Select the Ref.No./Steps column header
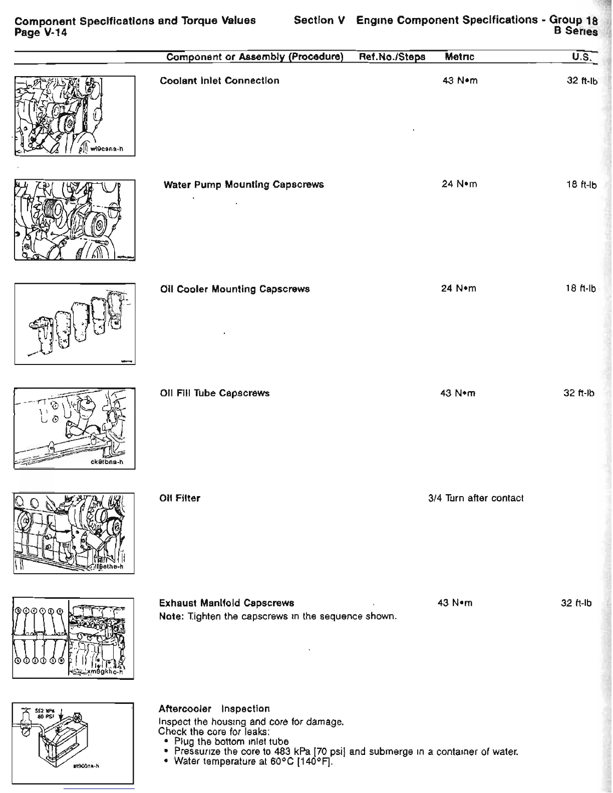tap(392, 57)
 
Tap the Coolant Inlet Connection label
tap(219, 81)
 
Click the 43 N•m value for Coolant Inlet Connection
tap(460, 81)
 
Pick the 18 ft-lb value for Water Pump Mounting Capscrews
tap(581, 185)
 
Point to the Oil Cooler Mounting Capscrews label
tap(234, 289)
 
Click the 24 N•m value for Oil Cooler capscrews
tap(458, 289)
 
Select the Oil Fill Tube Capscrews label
tap(214, 393)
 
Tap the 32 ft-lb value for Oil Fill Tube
tap(578, 393)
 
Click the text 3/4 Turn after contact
tap(476, 498)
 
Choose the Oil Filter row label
tap(179, 498)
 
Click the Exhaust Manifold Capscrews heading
tap(226, 603)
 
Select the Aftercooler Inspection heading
tap(214, 708)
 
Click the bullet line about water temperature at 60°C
tap(253, 761)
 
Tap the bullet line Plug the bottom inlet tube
tap(231, 741)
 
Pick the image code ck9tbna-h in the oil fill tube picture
tap(103, 463)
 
